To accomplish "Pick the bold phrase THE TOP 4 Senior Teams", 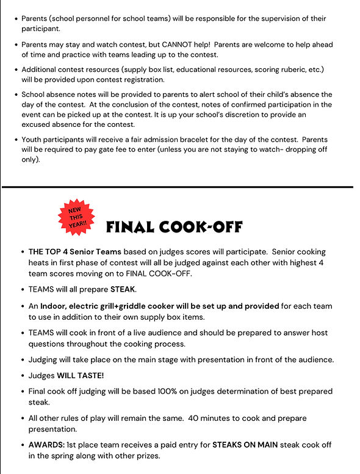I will (x=73, y=252).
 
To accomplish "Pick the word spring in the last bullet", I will (x=59, y=455).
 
